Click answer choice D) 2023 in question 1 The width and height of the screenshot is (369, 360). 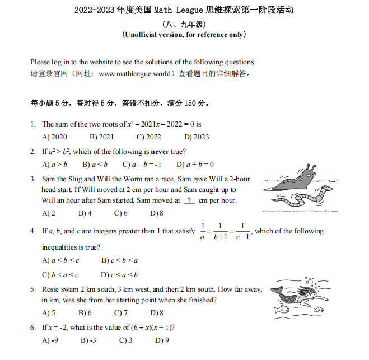(x=197, y=137)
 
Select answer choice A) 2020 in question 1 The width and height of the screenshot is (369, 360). (x=55, y=137)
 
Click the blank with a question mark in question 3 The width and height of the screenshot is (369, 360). (x=189, y=200)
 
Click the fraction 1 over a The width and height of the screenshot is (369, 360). (x=202, y=232)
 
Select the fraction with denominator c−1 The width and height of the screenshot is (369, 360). (x=242, y=232)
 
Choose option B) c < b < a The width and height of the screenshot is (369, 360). (x=119, y=260)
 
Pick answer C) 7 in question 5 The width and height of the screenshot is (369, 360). (x=121, y=313)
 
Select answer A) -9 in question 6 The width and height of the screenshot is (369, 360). (x=51, y=340)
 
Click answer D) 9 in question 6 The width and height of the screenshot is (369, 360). (x=162, y=340)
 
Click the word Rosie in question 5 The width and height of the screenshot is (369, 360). (x=52, y=289)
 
